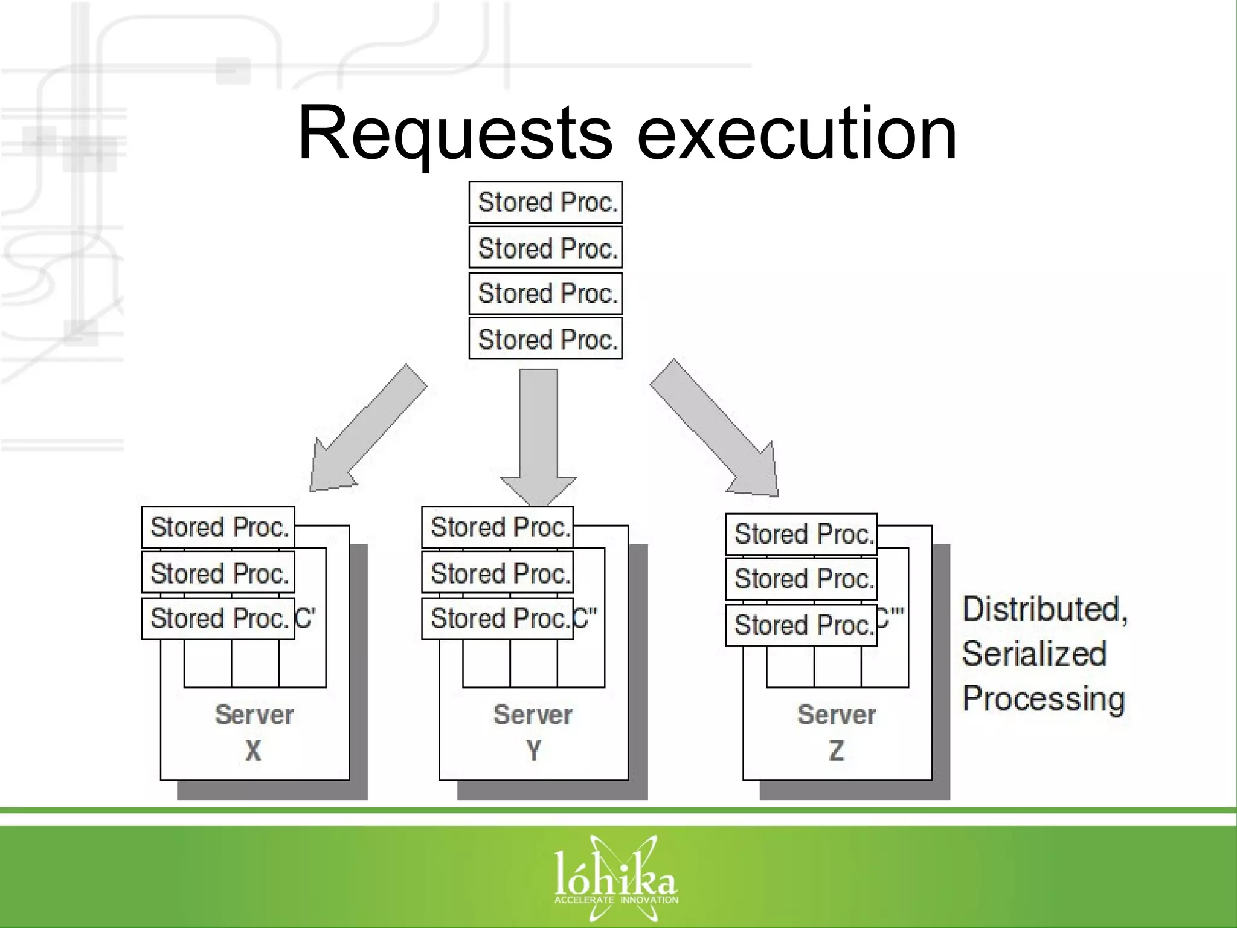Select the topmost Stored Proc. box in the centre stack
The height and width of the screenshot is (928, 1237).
point(545,202)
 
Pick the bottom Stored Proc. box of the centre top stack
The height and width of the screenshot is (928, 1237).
point(545,339)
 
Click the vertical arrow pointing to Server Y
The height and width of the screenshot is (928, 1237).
point(538,435)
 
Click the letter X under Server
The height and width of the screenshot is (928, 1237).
point(254,751)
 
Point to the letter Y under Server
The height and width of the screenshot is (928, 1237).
point(533,751)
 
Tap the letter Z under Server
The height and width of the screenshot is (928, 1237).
point(836,751)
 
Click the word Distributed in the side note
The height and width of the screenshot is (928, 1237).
point(1044,609)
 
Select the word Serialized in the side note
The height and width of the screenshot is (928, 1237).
point(1034,654)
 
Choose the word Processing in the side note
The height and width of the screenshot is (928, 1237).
point(1043,699)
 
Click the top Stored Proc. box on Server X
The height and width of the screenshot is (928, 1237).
point(218,527)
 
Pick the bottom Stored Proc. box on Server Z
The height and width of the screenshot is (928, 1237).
point(801,625)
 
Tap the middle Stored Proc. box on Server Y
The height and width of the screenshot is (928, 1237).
point(497,573)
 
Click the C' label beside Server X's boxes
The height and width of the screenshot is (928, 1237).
point(306,618)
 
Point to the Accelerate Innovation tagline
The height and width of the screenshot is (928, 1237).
point(616,900)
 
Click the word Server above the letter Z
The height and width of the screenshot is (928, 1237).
point(836,715)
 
